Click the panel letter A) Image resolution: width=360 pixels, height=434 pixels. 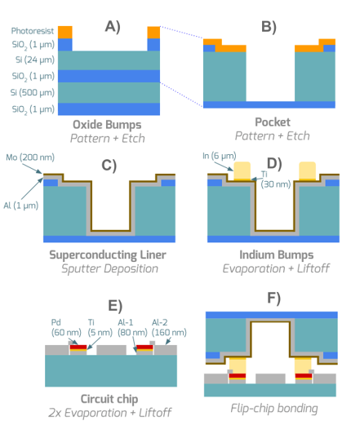[x=113, y=27]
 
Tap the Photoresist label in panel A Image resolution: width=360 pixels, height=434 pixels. [x=33, y=31]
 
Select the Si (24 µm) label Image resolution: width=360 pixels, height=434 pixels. [x=35, y=60]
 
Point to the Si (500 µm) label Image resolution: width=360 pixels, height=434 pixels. [x=33, y=92]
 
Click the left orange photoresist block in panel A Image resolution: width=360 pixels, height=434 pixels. [x=65, y=33]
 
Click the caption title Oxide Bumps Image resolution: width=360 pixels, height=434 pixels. [x=107, y=125]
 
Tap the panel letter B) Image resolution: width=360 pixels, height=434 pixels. [x=269, y=27]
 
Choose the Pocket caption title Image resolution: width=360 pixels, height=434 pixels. [x=273, y=122]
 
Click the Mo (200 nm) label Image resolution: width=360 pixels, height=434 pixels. [x=30, y=157]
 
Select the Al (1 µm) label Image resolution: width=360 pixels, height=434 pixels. [x=21, y=206]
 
